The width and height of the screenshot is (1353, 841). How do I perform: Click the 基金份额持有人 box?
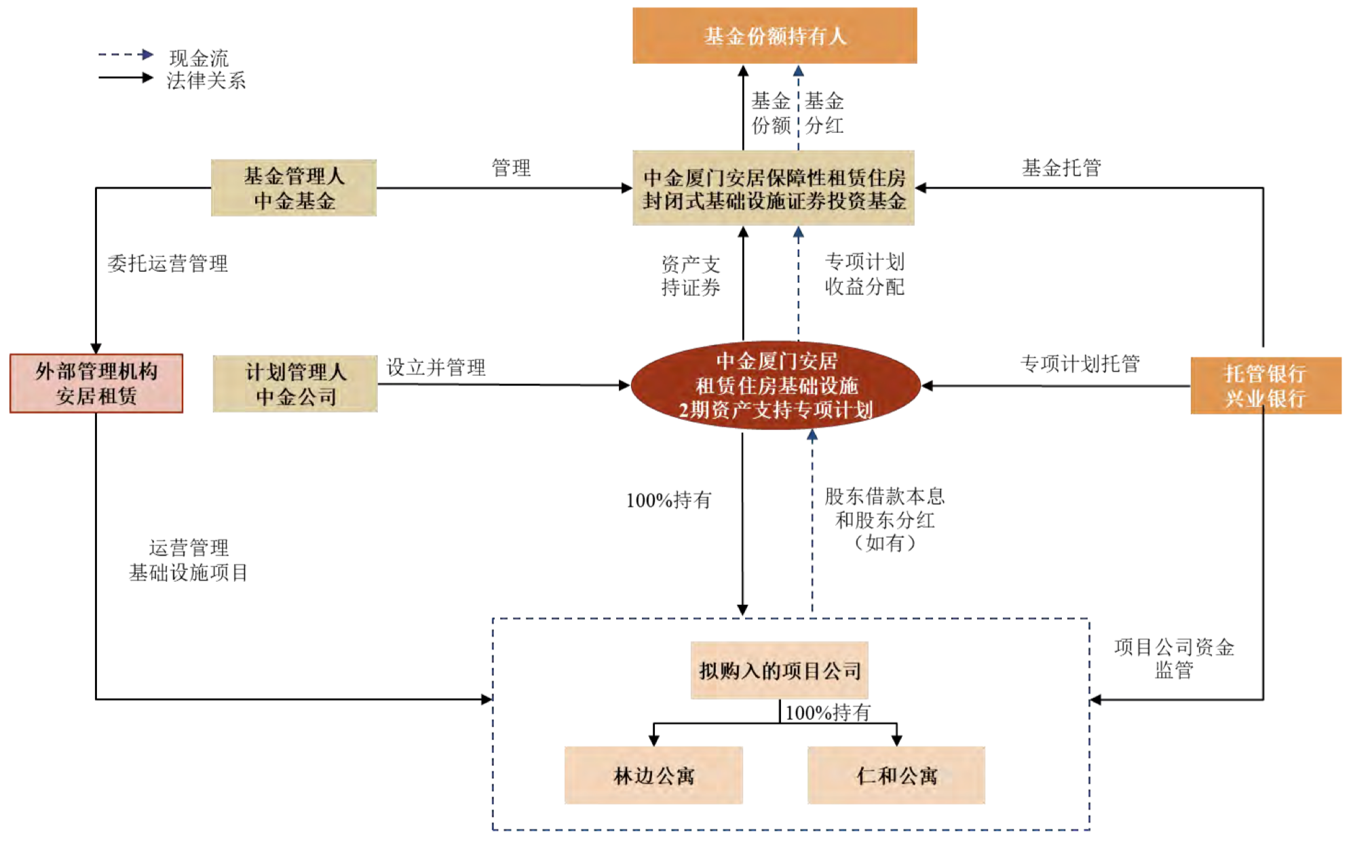pos(774,35)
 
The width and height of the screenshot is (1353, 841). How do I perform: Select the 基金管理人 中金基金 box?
pos(294,188)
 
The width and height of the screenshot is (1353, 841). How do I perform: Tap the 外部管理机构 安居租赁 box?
pos(96,383)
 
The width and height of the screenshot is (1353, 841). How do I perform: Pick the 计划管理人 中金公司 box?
pos(295,384)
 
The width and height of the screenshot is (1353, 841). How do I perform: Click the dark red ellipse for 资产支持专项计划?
pos(775,385)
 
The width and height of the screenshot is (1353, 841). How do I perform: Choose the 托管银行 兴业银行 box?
pos(1265,385)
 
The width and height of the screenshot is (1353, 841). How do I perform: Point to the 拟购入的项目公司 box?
pos(779,670)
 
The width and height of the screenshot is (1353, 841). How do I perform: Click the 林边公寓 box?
pos(653,775)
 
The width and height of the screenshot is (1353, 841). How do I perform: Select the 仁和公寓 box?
pos(896,775)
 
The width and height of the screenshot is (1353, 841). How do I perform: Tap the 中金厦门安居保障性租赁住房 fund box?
pos(774,188)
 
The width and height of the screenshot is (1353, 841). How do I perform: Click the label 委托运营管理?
pos(168,263)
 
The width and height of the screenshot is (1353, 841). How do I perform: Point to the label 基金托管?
pos(1061,168)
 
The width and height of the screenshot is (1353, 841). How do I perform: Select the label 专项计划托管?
pos(1080,364)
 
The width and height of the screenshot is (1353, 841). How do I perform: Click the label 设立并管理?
pos(436,368)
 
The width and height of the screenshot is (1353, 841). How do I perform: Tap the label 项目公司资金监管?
pos(1174,658)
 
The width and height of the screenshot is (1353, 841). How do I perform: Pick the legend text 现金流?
pos(199,58)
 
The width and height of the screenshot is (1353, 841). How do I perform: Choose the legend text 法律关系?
pos(206,81)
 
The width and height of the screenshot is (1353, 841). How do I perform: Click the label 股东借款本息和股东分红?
pos(884,519)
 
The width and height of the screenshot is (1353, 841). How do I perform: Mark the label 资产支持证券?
pos(691,275)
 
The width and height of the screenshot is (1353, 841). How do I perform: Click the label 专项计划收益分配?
pos(864,274)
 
